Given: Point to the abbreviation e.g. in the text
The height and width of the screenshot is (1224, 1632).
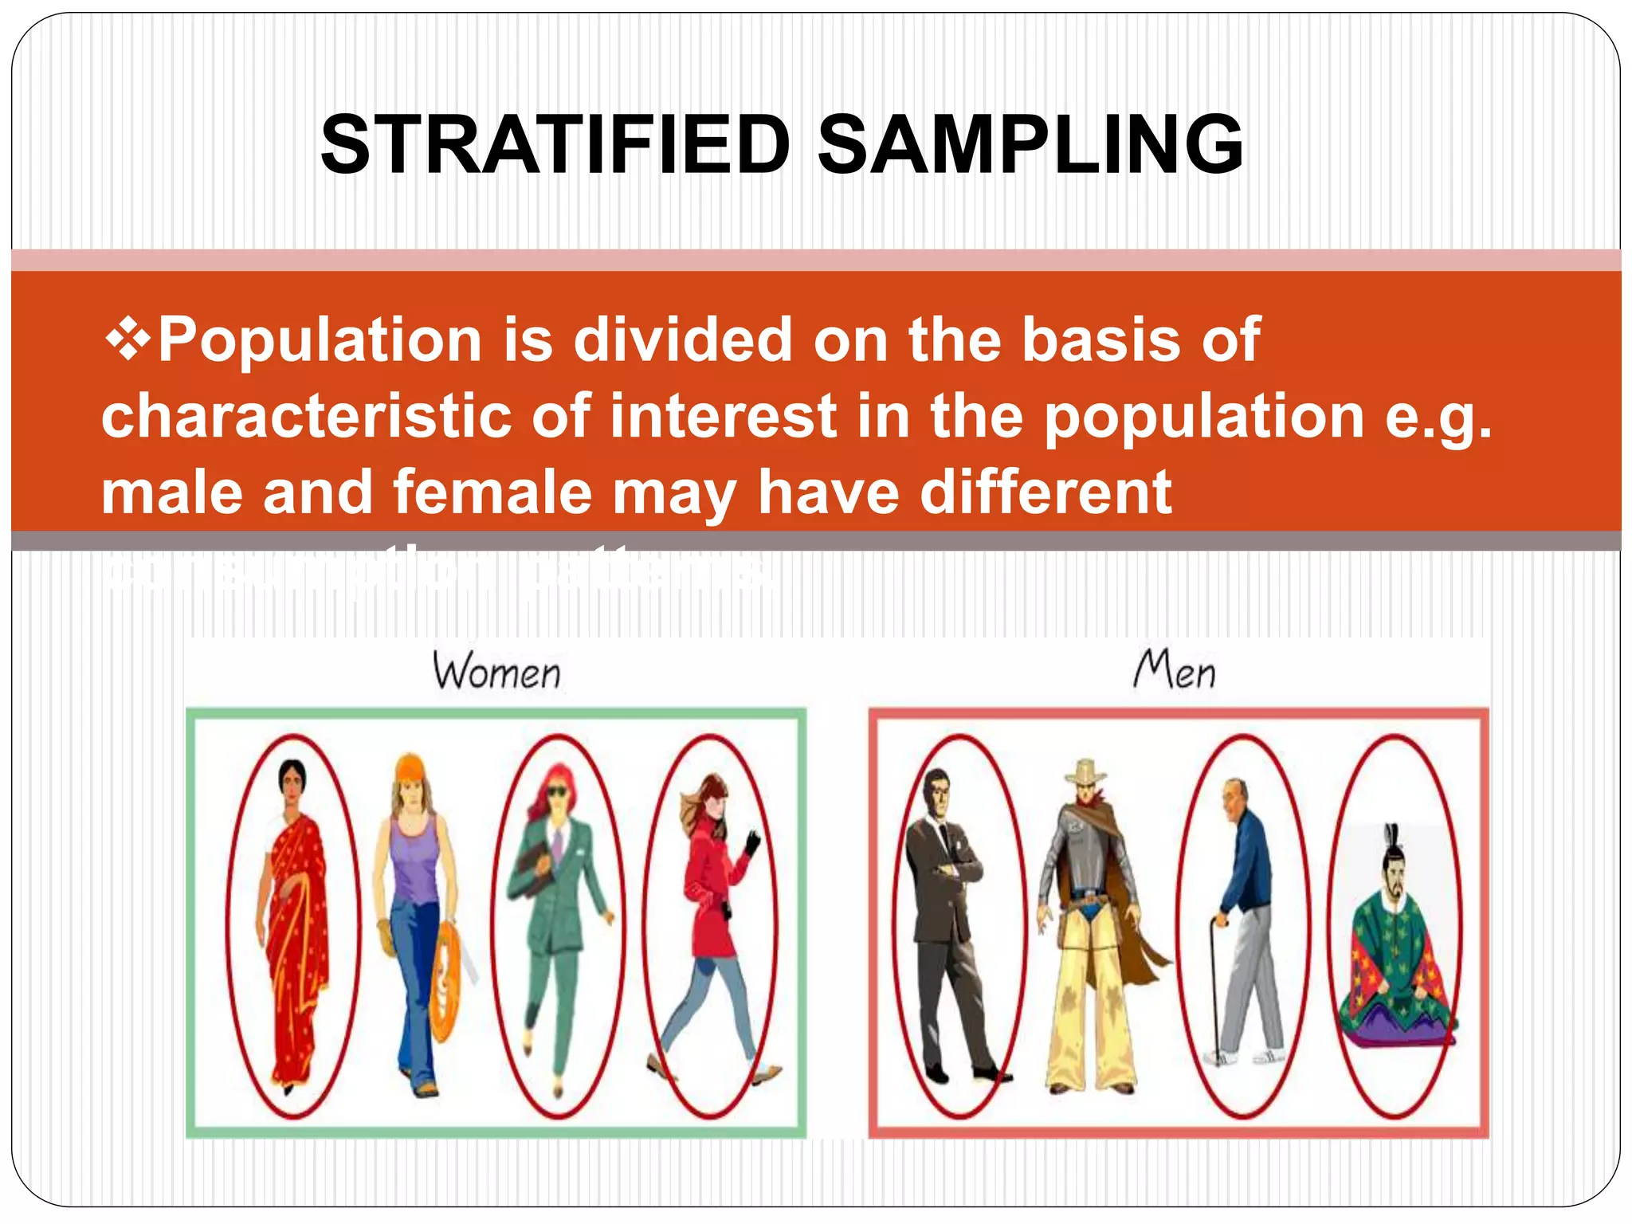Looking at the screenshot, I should [x=1438, y=418].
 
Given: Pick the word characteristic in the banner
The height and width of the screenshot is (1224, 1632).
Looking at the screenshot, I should [x=307, y=416].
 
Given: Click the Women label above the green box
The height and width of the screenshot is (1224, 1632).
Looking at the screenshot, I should [x=496, y=671].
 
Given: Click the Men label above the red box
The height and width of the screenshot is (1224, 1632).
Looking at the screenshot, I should [x=1175, y=669].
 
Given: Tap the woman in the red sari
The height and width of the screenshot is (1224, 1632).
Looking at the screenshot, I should [x=295, y=916].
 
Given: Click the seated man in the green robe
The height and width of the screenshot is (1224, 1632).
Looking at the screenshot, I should [x=1395, y=956].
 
